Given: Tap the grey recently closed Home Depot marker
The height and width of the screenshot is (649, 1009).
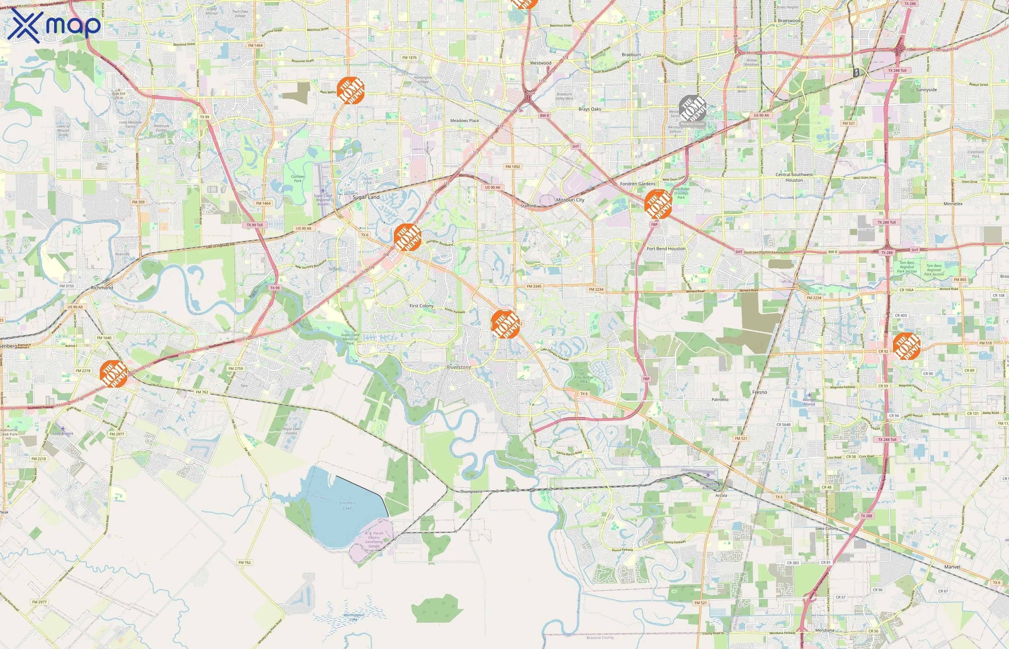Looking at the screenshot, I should [692, 109].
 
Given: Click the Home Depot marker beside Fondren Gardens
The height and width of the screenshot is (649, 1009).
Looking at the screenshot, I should [658, 204].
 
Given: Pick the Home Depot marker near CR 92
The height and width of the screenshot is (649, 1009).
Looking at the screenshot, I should [906, 345].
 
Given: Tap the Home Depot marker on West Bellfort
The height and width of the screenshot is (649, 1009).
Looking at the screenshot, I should [350, 90].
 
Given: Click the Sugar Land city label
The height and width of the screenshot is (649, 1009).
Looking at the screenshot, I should [366, 197].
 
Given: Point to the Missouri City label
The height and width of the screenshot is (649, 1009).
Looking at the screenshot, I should [570, 200].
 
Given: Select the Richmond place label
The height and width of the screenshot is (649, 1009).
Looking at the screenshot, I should [102, 288].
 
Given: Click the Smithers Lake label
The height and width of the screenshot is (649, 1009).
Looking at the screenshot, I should [347, 505].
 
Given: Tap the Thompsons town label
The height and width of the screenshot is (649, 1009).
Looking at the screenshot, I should [471, 491].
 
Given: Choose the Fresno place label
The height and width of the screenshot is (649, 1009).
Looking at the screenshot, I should [760, 392].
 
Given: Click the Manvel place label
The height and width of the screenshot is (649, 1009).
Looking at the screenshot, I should [952, 567].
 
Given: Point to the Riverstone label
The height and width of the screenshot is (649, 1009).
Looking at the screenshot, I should [459, 367].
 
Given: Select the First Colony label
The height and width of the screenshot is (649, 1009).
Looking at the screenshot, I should [422, 306].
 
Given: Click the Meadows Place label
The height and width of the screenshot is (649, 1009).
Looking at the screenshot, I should [465, 120].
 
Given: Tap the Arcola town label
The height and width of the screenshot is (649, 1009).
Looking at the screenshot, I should [721, 496].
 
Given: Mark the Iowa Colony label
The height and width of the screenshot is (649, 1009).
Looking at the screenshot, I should [827, 529].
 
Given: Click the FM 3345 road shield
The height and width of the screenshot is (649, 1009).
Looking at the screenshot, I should [534, 287].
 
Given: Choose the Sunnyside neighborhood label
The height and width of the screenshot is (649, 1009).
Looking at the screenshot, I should [926, 90].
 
